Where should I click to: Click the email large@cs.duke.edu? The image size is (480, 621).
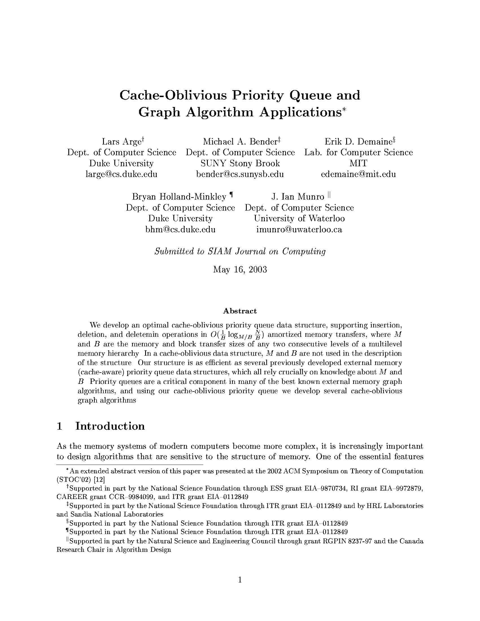point(121,174)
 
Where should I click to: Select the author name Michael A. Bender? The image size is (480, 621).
point(240,141)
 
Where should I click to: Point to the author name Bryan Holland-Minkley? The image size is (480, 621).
point(179,196)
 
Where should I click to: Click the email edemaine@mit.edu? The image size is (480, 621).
point(358,174)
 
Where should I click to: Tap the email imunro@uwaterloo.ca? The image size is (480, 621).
point(299,229)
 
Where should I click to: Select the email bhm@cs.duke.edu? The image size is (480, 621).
point(180,229)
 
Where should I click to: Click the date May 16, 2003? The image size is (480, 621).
point(240,269)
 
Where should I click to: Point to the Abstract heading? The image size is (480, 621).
point(240,311)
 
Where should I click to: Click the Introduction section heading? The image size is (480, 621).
point(110,426)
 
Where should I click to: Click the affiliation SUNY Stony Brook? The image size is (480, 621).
point(240,163)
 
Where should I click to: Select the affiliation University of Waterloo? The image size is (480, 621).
point(299,218)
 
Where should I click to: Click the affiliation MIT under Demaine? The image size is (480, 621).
point(358,163)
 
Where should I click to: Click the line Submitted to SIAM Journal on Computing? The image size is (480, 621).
point(240,251)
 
